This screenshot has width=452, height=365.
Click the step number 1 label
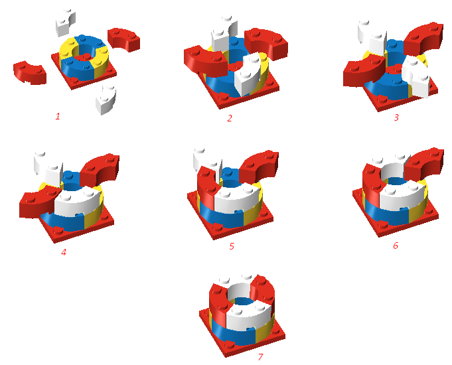coord(58,117)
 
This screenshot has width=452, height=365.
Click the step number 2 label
coord(230,119)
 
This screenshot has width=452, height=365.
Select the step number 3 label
coord(396,117)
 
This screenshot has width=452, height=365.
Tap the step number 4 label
coord(64,252)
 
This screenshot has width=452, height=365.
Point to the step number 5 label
coord(232,246)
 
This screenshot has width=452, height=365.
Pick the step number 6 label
coord(396,245)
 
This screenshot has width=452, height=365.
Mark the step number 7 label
coord(260,357)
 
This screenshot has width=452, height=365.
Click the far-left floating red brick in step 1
coord(30,71)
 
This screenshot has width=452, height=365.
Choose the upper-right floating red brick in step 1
coord(124,39)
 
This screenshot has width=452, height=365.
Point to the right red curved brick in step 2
coord(265,41)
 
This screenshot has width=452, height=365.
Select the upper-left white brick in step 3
coord(371,37)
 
